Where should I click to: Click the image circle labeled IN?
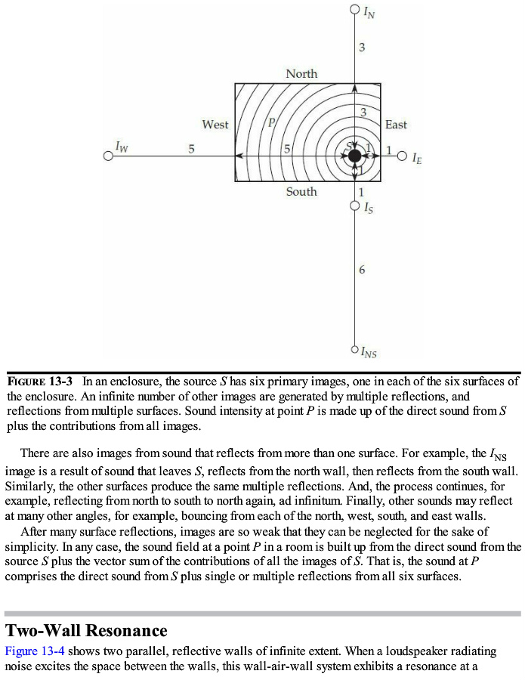tap(355, 10)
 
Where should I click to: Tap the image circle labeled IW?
tap(109, 156)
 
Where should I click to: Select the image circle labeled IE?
tap(402, 156)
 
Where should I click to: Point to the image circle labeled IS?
tap(355, 205)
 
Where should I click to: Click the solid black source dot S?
tap(354, 156)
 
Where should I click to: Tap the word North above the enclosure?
tap(301, 73)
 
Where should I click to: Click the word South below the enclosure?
tap(301, 192)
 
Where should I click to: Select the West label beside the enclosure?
tap(215, 125)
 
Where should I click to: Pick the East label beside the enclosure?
tap(396, 125)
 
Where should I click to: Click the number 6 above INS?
tap(362, 270)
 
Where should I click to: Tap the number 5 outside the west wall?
tap(191, 149)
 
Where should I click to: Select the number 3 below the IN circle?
tap(362, 48)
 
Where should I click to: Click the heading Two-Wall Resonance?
tap(86, 630)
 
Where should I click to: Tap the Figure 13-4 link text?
tap(33, 651)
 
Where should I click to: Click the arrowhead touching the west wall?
tap(239, 156)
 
